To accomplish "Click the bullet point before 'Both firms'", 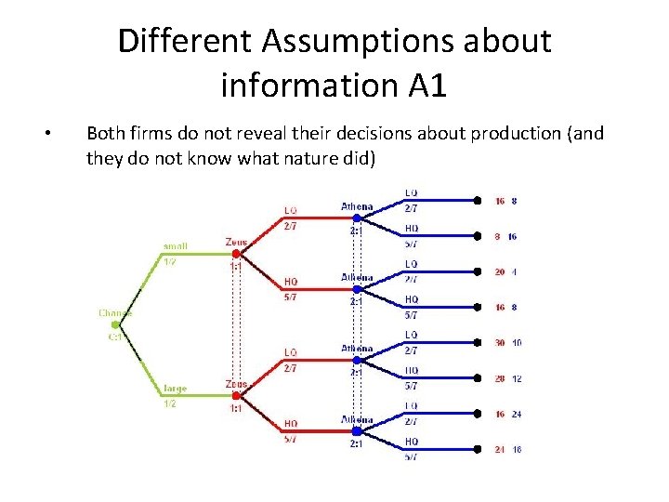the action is coord(47,134).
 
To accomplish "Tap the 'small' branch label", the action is coord(175,246).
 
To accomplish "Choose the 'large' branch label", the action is coord(175,389).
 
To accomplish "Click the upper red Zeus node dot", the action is coord(236,253).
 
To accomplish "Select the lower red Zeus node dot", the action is coord(236,395).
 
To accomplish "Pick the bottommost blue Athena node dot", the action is coord(357,430).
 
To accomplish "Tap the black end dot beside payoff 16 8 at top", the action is coord(477,200).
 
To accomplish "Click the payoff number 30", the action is coord(500,343).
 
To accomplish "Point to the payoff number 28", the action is coord(500,378).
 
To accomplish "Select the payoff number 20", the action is coord(500,272).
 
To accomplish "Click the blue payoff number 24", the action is coord(516,415).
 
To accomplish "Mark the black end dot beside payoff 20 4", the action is coord(477,271).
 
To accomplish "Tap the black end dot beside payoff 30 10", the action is coord(477,342).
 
